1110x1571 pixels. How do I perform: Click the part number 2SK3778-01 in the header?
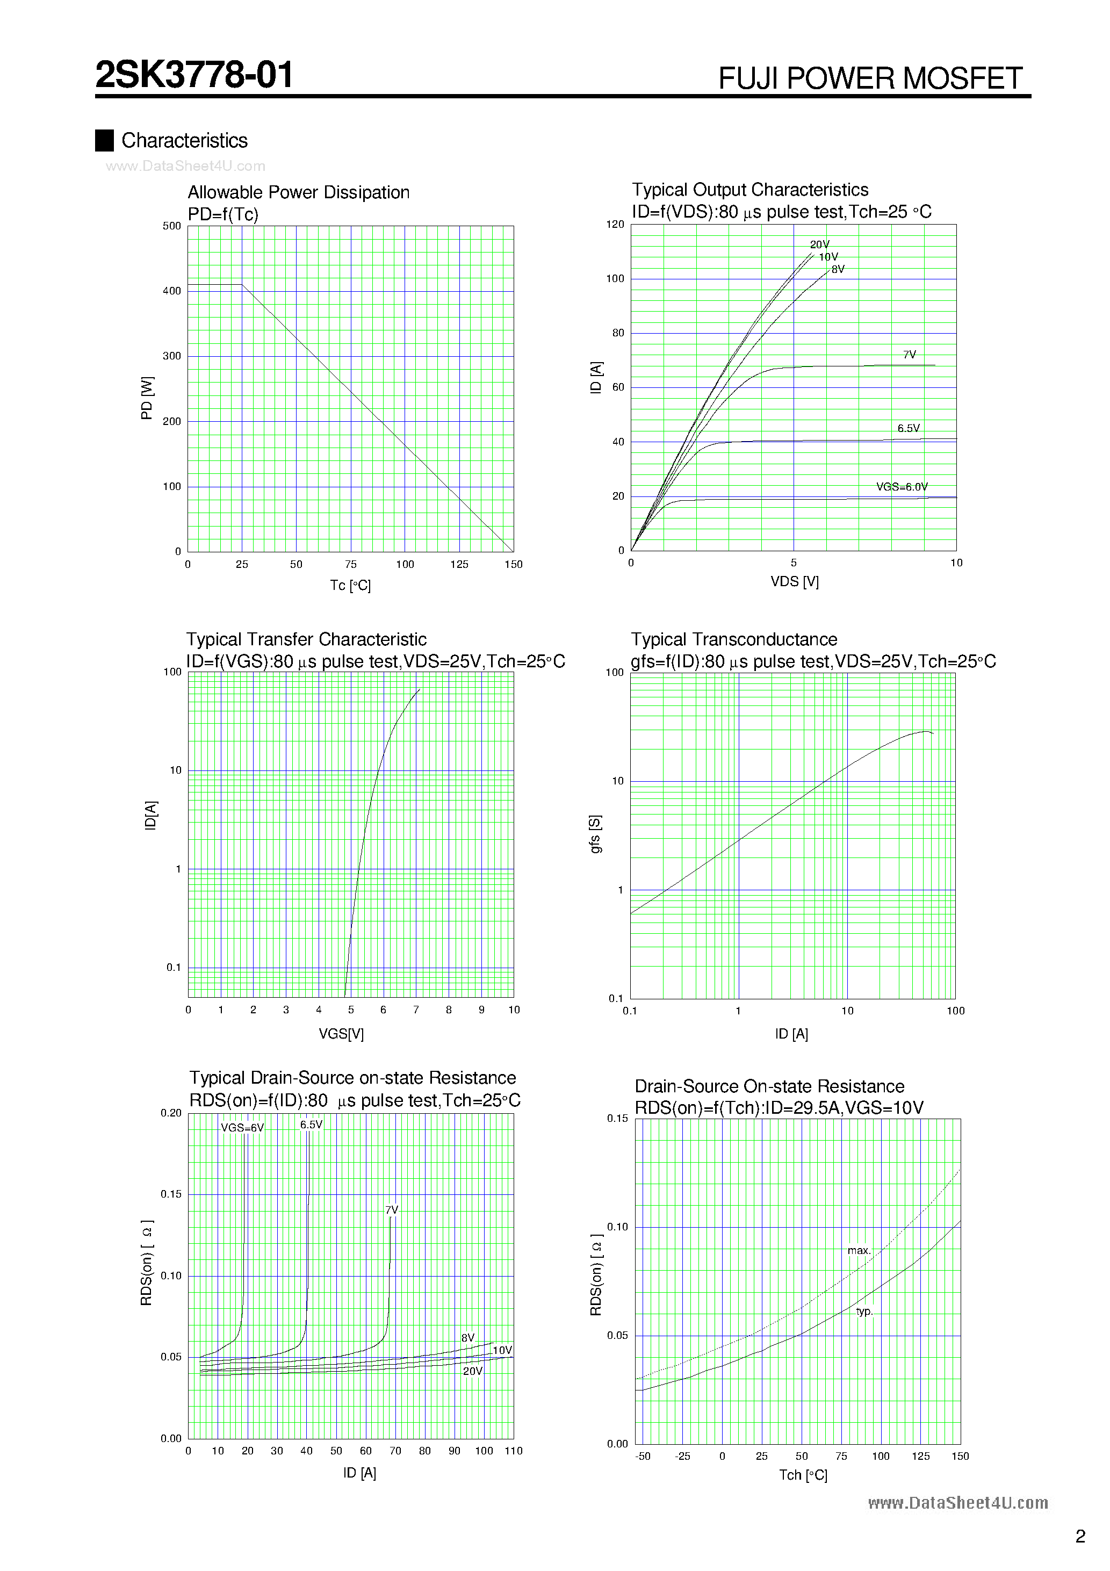(194, 75)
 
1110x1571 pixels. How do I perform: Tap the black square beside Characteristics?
(104, 140)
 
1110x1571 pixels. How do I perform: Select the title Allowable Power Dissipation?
(298, 192)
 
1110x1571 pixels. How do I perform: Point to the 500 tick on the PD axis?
(172, 226)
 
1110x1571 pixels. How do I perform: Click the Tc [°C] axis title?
(350, 585)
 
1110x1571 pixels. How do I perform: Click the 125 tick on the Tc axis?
(459, 565)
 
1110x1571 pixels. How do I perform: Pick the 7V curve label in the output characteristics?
(909, 355)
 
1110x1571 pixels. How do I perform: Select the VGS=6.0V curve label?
(902, 486)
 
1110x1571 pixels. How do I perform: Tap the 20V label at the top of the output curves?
(819, 244)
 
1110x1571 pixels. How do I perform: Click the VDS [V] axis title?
(794, 581)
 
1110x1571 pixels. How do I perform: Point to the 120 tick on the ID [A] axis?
(615, 225)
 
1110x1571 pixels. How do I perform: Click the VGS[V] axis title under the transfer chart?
(341, 1034)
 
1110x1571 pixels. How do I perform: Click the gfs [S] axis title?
(595, 833)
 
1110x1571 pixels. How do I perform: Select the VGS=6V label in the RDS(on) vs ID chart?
(242, 1128)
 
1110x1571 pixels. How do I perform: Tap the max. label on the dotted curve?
(859, 1250)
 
